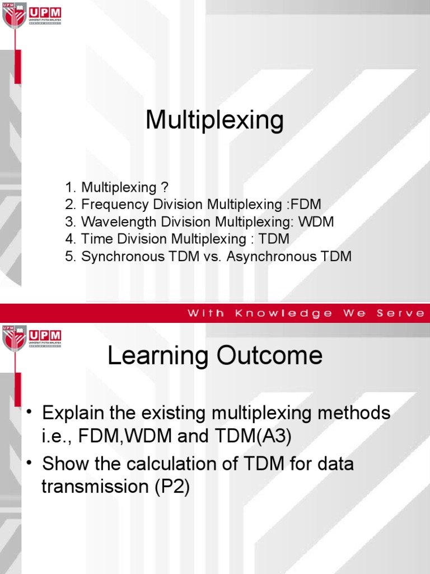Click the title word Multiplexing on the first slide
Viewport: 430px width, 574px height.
214,121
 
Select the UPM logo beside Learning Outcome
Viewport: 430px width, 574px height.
32,337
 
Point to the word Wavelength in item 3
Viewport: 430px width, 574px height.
114,222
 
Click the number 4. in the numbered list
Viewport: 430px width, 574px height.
70,239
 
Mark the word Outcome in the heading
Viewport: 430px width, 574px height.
278,356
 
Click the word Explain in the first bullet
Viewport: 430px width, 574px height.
76,414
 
